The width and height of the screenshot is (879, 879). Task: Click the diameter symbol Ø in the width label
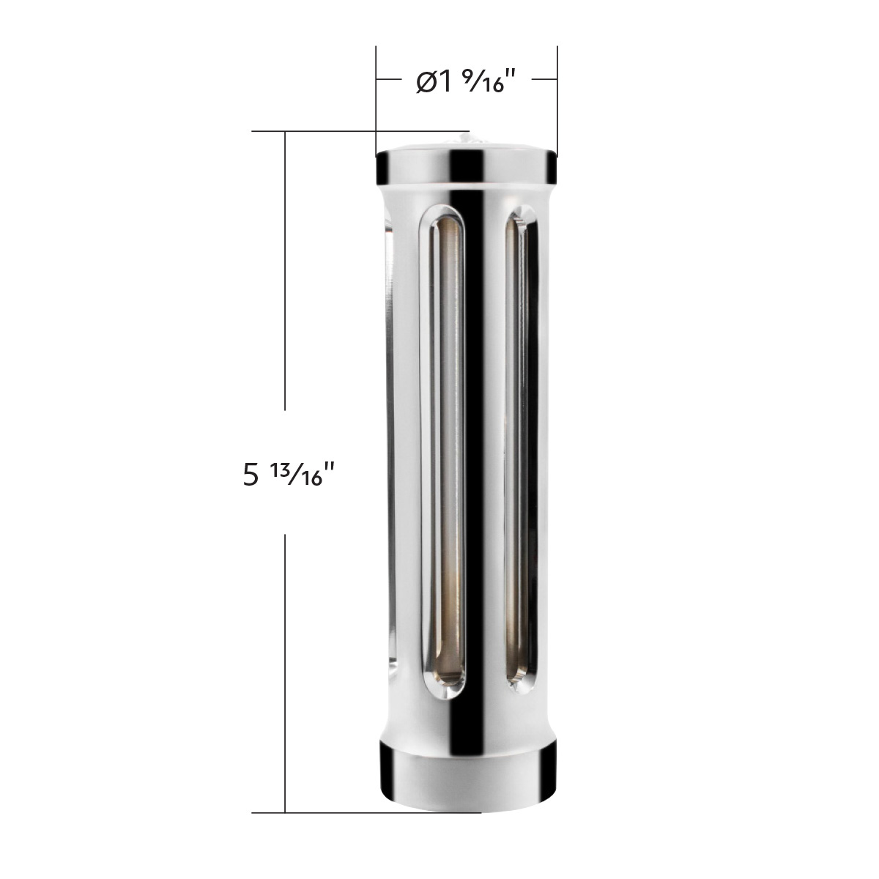click(426, 82)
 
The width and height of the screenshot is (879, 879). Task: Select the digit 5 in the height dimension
click(251, 474)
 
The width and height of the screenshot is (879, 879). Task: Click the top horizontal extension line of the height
click(322, 132)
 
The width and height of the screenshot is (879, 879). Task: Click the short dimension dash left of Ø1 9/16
click(392, 78)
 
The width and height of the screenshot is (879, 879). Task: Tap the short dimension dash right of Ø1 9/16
click(543, 78)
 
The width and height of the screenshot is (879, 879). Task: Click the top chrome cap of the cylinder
click(466, 166)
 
